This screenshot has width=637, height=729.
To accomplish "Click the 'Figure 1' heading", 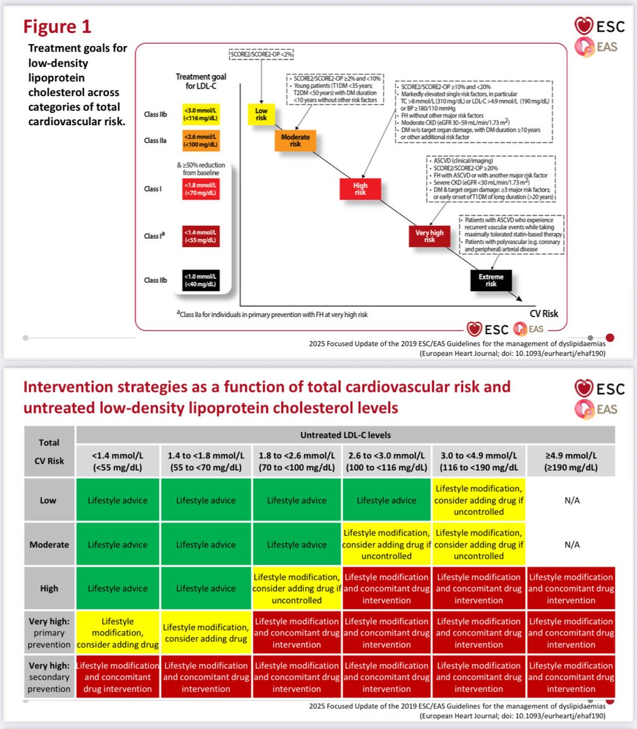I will [x=57, y=26].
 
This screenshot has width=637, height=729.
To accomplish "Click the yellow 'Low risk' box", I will [x=261, y=114].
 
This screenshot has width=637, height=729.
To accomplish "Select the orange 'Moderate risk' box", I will [x=295, y=140].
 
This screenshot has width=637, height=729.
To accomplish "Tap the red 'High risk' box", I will [x=360, y=188].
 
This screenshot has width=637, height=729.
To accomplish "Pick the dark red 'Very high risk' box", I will [x=429, y=236].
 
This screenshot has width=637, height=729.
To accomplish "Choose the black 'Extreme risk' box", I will [x=491, y=280].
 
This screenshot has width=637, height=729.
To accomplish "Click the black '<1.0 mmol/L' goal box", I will [x=201, y=280].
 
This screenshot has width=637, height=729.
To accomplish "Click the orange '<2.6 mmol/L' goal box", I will [x=201, y=140].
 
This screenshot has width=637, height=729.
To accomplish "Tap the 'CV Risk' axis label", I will [x=543, y=313].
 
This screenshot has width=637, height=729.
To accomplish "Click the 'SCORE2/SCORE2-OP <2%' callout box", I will [x=261, y=55].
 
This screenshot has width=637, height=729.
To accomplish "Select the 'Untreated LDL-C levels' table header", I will [x=345, y=435].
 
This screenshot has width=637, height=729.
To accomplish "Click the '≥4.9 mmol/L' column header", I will [x=571, y=461].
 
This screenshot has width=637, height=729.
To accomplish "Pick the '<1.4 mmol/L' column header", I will [x=118, y=461].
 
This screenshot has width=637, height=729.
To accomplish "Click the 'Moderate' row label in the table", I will [x=49, y=544].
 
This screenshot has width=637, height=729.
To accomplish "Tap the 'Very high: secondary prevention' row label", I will [x=49, y=677].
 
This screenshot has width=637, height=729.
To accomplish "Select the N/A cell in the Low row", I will [x=571, y=500].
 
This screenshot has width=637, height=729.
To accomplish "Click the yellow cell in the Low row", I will [x=478, y=500].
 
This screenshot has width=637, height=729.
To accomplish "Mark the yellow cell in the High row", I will [x=297, y=588].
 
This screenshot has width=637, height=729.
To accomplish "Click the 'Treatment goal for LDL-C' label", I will [x=201, y=81].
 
